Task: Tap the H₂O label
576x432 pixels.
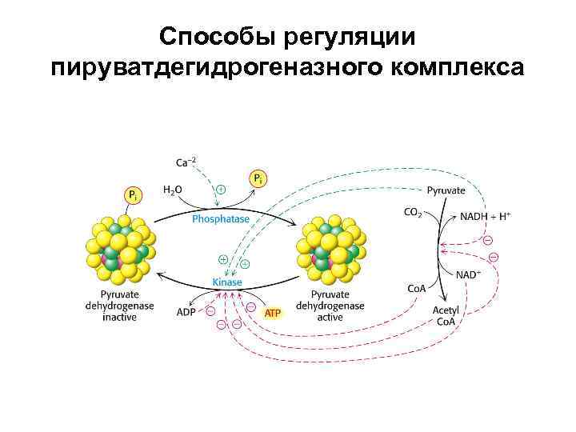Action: click(172, 190)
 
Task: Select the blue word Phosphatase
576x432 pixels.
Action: click(221, 218)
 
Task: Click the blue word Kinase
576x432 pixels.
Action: click(226, 282)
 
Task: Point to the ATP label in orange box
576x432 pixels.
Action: click(273, 312)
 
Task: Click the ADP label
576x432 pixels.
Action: click(186, 311)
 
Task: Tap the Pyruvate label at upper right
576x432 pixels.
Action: click(446, 190)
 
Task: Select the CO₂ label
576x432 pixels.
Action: click(413, 213)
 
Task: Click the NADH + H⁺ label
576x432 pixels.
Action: click(485, 216)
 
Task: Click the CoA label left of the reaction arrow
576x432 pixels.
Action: click(415, 288)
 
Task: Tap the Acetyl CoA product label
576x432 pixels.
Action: click(446, 316)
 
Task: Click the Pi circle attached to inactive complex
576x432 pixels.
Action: click(133, 194)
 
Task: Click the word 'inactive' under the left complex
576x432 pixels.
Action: click(119, 318)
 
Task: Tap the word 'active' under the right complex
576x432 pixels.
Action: click(330, 318)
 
